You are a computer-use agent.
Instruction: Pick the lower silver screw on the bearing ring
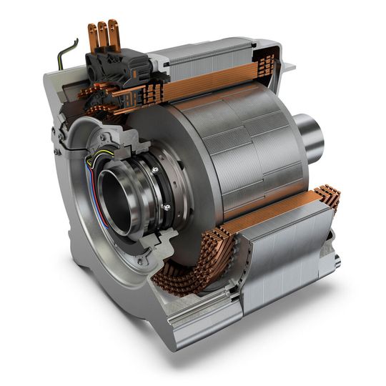(167, 207)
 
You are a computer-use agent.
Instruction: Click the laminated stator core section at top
(214, 61)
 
